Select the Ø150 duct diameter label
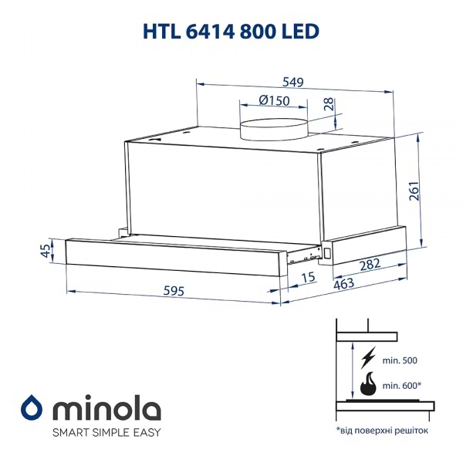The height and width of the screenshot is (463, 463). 274,101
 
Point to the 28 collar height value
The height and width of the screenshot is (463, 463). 330,105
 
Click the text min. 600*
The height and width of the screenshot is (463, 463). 402,385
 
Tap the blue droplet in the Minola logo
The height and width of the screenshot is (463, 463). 32,407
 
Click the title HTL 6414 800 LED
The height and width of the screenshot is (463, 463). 231,30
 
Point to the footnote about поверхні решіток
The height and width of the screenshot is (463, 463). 381,430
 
